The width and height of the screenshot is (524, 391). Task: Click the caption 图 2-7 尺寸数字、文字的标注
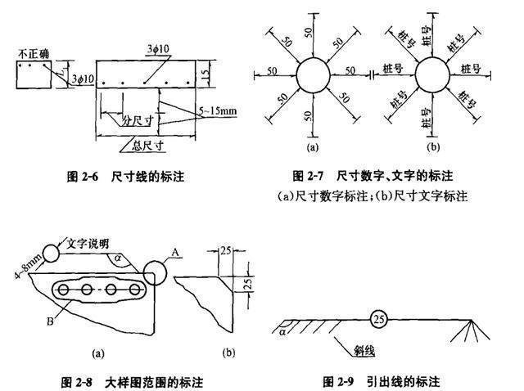coord(373,176)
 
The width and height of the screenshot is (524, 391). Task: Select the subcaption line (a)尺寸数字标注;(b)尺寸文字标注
coord(373,196)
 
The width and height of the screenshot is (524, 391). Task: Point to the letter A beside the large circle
coord(174,253)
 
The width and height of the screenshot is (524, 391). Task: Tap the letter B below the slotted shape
coord(51,321)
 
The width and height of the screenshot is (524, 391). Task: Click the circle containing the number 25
coord(377,318)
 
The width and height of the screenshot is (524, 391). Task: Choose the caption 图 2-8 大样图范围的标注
coord(132,382)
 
